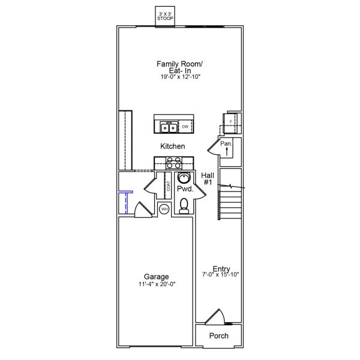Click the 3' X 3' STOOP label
click(165, 16)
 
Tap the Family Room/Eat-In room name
click(179, 67)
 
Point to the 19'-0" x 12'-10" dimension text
click(179, 77)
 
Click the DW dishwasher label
click(185, 127)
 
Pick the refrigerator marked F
click(230, 122)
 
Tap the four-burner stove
click(174, 162)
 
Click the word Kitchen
click(172, 146)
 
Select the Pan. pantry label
click(226, 143)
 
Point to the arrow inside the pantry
click(227, 152)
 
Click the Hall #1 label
click(208, 178)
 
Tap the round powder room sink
click(185, 178)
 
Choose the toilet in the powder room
click(185, 206)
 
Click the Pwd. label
click(185, 189)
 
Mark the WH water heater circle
click(164, 209)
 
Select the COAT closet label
click(168, 185)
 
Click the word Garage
click(156, 277)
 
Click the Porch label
click(218, 335)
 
